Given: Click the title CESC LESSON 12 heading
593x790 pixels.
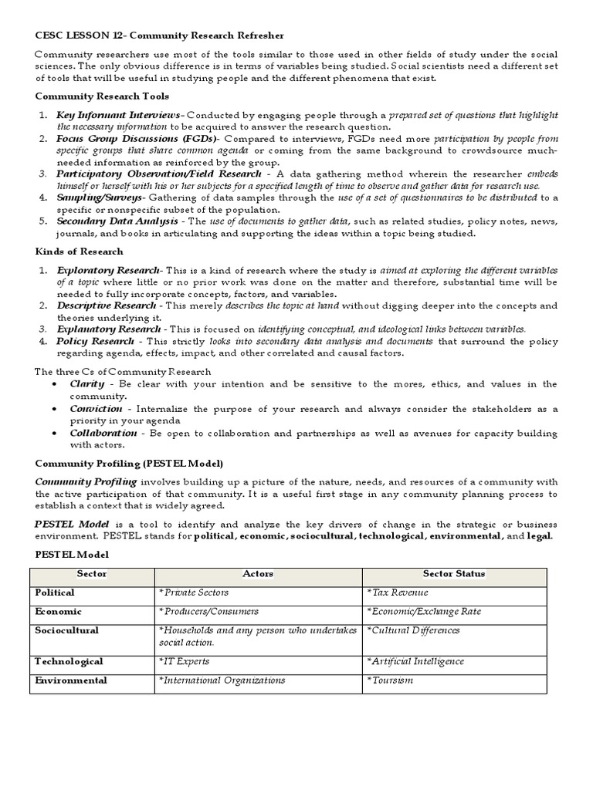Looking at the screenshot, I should (159, 35).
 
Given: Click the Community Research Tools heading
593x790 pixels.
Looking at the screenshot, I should (102, 96).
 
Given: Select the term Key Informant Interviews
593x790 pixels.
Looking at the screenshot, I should (120, 115).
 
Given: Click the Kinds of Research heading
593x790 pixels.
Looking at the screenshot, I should (79, 252).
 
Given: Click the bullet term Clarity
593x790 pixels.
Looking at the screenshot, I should (87, 383).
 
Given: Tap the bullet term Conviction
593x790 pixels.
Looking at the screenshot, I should (96, 409).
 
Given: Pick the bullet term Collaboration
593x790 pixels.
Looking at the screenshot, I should (103, 434).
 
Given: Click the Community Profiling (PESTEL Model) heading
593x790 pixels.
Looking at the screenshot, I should (129, 463).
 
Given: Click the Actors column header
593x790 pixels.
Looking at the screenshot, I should (258, 574).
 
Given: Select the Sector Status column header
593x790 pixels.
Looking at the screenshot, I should (454, 574).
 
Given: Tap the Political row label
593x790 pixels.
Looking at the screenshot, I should (55, 592).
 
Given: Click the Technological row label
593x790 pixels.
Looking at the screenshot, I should (69, 662).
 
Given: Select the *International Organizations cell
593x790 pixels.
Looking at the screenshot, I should (222, 680).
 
